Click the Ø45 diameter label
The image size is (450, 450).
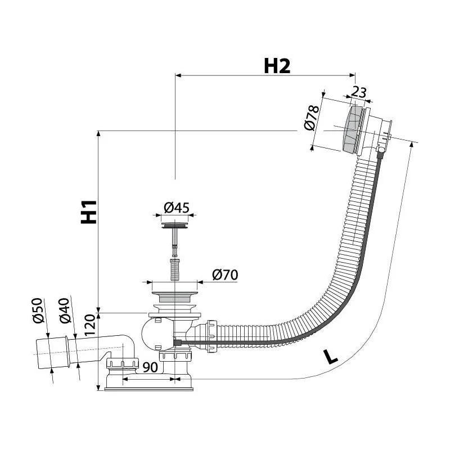pyautogui.click(x=176, y=208)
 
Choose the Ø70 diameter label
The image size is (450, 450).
pyautogui.click(x=225, y=274)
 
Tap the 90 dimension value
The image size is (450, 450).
pyautogui.click(x=150, y=367)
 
